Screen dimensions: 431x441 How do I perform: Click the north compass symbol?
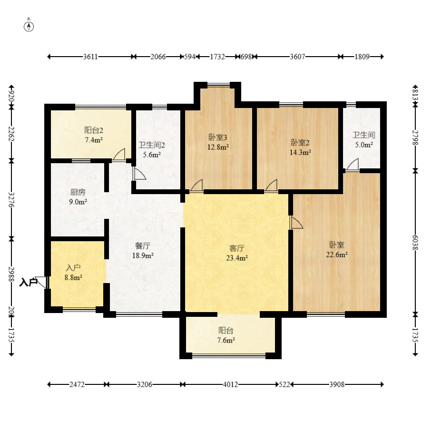29,26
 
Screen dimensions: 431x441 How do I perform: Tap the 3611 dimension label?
90,57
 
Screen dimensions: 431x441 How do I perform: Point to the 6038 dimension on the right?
415,243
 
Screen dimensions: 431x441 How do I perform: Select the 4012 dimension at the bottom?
230,384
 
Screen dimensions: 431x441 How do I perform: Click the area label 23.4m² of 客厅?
237,258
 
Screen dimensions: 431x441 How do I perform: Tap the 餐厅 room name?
143,246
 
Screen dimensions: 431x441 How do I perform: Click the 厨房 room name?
78,192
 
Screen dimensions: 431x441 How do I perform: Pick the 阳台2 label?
94,130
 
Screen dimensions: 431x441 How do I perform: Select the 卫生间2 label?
152,145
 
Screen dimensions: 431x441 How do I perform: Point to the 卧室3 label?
218,137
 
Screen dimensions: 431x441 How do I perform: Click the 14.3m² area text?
300,152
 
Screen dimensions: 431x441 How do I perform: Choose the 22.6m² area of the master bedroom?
337,255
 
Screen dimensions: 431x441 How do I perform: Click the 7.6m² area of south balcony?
226,340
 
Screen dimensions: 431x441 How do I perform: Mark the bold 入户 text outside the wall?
28,282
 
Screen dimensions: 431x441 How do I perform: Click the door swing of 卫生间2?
139,174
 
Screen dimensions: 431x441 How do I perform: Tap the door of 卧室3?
196,186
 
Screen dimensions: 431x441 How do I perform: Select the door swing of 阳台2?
119,155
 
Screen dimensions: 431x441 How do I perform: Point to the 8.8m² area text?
73,278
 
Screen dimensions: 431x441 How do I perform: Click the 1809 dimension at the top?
362,57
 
